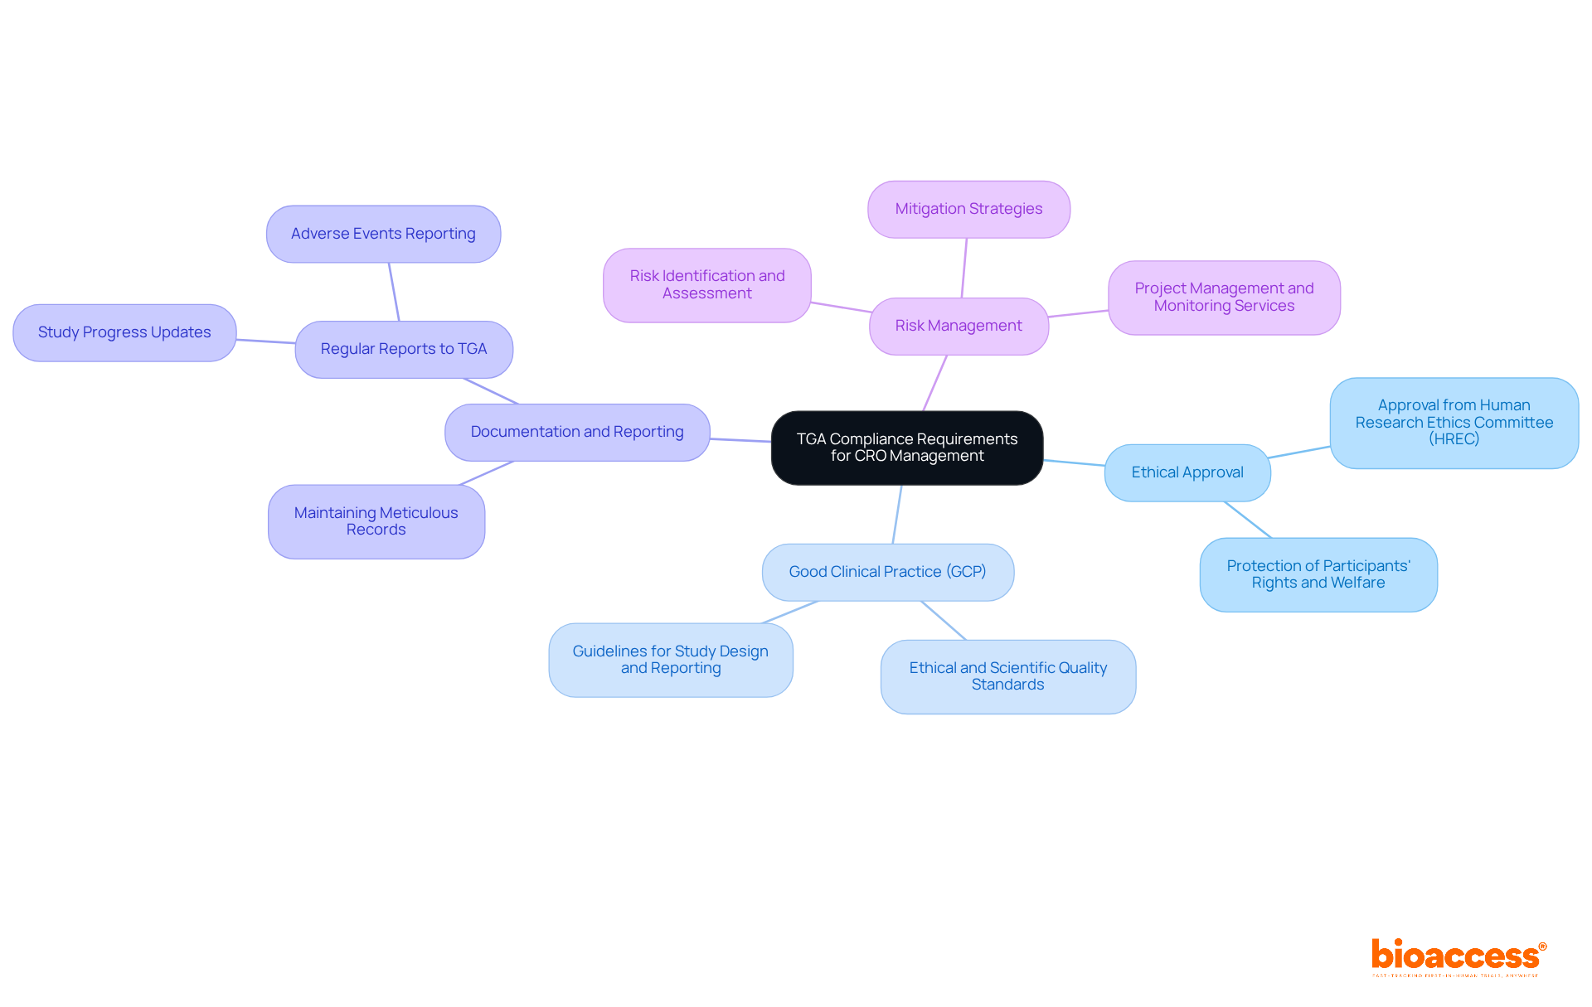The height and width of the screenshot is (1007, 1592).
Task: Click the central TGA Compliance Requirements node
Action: pyautogui.click(x=906, y=448)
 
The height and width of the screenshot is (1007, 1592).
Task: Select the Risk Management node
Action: pyautogui.click(x=959, y=326)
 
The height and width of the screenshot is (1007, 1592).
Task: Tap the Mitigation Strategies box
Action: pyautogui.click(x=968, y=209)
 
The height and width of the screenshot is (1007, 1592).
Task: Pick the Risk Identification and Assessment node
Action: pyautogui.click(x=706, y=284)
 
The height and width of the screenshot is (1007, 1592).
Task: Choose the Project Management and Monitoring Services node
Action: pyautogui.click(x=1224, y=297)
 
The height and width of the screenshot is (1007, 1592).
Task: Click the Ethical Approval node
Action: pyautogui.click(x=1187, y=472)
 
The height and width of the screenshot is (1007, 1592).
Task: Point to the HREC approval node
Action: pyautogui.click(x=1454, y=423)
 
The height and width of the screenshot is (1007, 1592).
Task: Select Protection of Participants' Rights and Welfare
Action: pyautogui.click(x=1318, y=574)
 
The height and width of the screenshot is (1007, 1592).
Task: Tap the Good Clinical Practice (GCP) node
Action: pyautogui.click(x=887, y=572)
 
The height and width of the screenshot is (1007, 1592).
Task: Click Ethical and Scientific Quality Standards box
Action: pyautogui.click(x=1007, y=676)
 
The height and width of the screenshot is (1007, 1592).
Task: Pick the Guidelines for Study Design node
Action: pyautogui.click(x=670, y=660)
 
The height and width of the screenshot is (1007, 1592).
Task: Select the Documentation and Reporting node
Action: pyautogui.click(x=577, y=432)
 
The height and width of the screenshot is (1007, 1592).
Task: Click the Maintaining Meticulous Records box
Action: pyautogui.click(x=376, y=521)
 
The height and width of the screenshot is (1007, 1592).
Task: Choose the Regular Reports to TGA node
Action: pyautogui.click(x=404, y=349)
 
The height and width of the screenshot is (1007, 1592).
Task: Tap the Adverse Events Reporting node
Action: pyautogui.click(x=383, y=234)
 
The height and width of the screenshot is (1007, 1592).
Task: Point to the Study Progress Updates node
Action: pyautogui.click(x=124, y=332)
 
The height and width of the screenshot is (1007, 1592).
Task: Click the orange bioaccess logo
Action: pyautogui.click(x=1458, y=956)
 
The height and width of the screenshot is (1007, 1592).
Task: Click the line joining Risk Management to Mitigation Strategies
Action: pyautogui.click(x=964, y=268)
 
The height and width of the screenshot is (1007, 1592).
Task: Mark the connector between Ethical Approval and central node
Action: pyautogui.click(x=1074, y=462)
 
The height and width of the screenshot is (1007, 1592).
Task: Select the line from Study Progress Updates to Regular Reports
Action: pyautogui.click(x=265, y=341)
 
